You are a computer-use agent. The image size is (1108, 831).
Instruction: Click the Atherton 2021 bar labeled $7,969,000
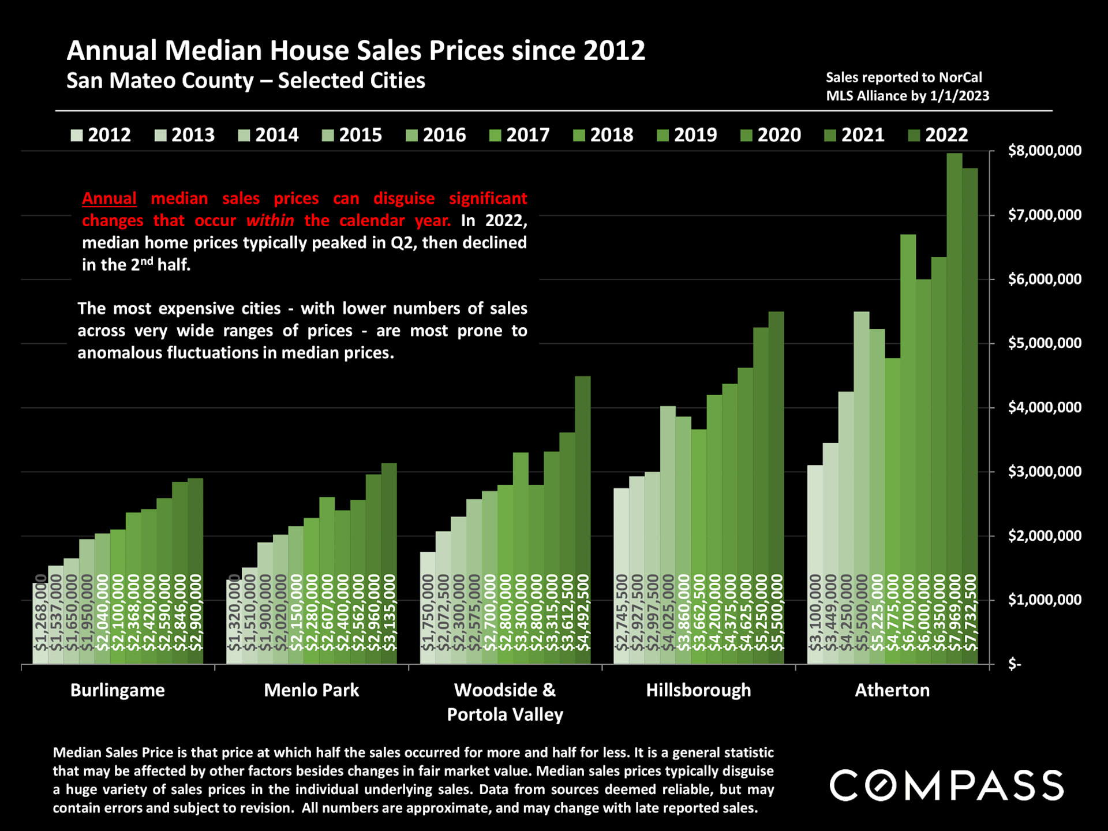954,404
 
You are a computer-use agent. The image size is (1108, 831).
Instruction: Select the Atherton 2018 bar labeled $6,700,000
908,450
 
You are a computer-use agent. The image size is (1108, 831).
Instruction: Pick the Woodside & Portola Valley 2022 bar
583,519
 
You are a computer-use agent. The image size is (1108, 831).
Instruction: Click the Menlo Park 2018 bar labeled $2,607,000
327,577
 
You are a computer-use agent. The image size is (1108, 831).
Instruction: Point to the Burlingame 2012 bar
40,623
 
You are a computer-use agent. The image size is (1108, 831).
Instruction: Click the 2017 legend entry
519,135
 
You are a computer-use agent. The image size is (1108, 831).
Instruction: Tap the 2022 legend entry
938,135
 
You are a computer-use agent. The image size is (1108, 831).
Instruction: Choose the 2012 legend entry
101,135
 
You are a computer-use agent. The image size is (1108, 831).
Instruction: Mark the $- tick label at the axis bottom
1015,665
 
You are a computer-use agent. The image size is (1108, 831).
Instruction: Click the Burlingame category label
118,690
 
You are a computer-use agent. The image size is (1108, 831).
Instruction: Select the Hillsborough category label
698,690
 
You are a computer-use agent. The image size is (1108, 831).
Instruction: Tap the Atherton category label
892,690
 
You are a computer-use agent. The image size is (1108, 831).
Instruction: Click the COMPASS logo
946,785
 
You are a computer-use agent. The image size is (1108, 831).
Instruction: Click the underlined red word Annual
109,199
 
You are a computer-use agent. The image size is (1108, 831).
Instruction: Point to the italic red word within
270,220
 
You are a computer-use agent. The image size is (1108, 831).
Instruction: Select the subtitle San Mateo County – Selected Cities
246,81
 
